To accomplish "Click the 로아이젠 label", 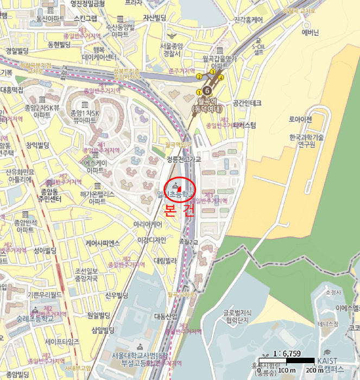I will [300, 119].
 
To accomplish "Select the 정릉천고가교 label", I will [184, 160].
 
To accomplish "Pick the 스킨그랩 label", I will [85, 18].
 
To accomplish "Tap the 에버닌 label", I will [310, 33].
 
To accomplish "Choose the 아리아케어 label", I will [149, 224].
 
